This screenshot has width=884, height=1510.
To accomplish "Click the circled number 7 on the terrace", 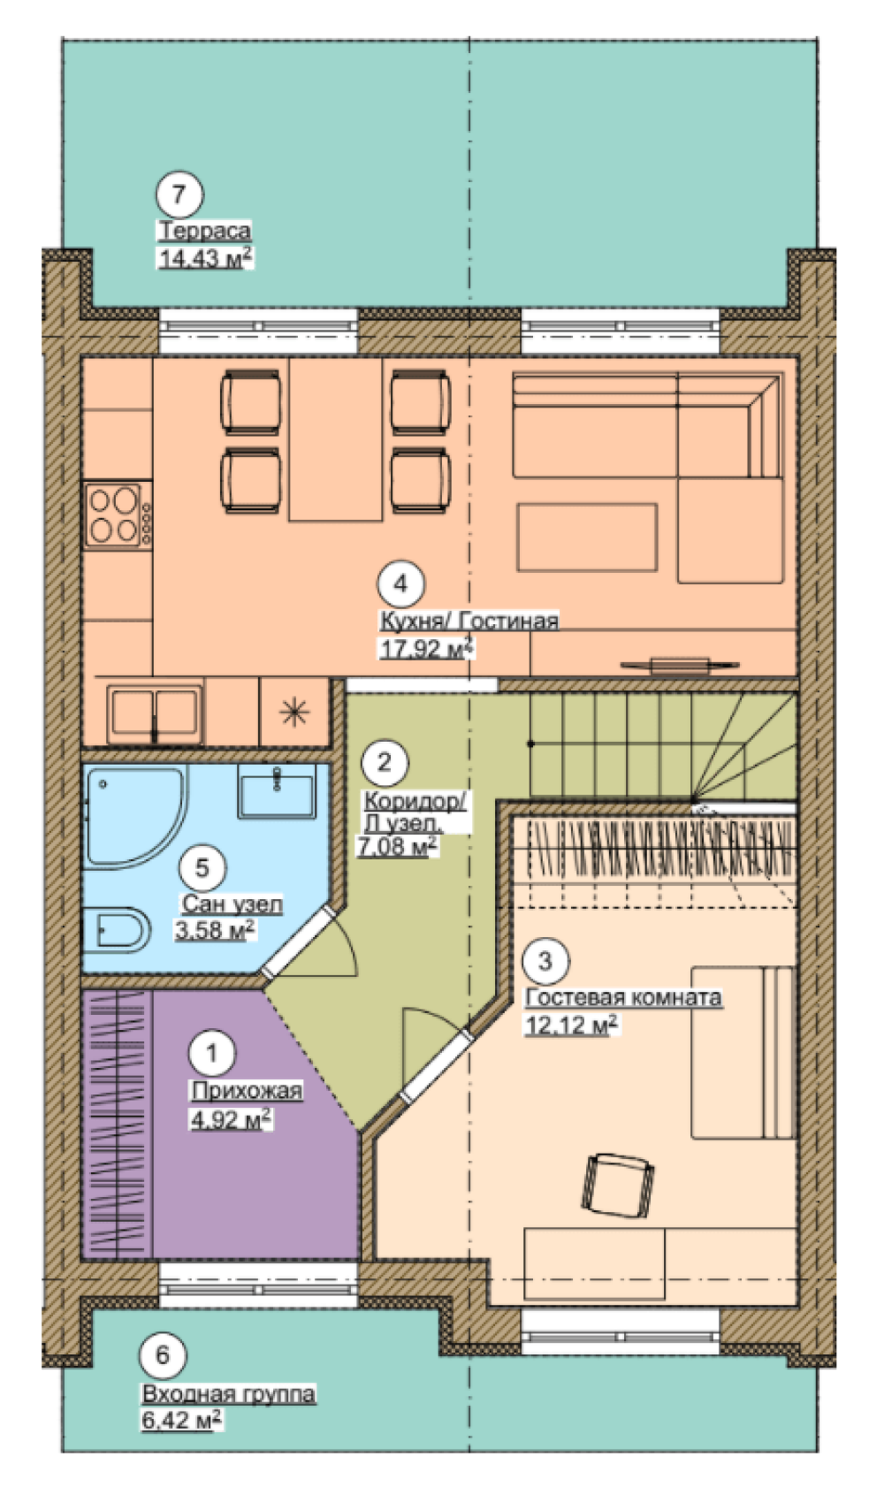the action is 179,194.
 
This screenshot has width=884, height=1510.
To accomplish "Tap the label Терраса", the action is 204,231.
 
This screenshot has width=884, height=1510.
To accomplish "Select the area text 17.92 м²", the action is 427,649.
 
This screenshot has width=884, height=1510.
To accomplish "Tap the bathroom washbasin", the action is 277,791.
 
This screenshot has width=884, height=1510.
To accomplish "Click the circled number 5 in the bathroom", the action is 202,867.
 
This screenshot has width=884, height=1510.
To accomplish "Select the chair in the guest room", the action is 617,1185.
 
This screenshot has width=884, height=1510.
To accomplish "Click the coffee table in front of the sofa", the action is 587,538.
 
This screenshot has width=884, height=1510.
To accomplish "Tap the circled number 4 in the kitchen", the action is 401,583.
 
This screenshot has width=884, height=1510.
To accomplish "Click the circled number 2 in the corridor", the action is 385,762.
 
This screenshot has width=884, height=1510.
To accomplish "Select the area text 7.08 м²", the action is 397,846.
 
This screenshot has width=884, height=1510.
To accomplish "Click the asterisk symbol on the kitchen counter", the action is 294,712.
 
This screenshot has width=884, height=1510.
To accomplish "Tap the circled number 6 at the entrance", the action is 163,1355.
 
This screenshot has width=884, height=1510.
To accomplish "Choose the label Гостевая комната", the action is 624,997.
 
